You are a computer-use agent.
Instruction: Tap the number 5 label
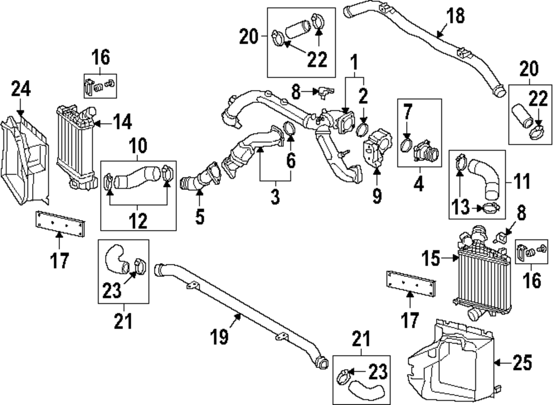coord(200,216)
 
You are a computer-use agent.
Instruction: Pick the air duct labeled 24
coord(25,155)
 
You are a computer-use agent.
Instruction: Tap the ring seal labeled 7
coord(407,146)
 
